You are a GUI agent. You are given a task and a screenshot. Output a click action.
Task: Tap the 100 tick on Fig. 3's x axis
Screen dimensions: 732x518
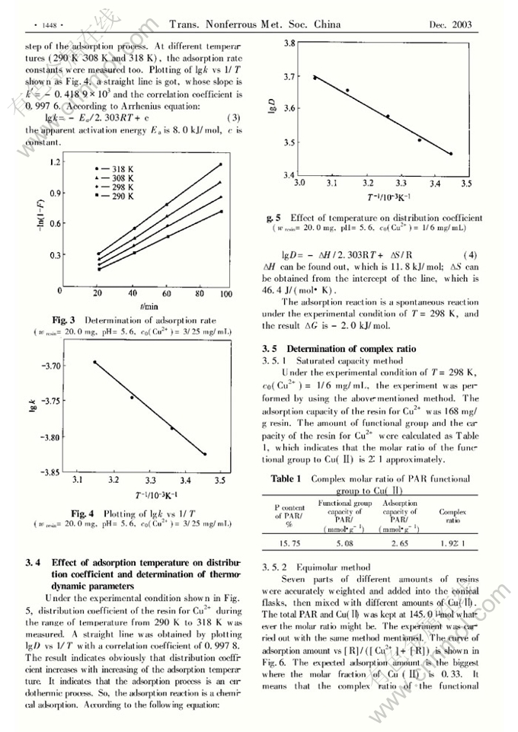(222, 293)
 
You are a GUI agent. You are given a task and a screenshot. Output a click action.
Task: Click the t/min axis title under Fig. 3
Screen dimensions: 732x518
(149, 305)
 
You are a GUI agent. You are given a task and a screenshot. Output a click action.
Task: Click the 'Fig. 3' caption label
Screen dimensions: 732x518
(63, 320)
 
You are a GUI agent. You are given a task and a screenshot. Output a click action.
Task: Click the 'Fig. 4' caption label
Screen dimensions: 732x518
(83, 514)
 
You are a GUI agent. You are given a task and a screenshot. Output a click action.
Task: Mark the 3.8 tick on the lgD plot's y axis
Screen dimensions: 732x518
(290, 44)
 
